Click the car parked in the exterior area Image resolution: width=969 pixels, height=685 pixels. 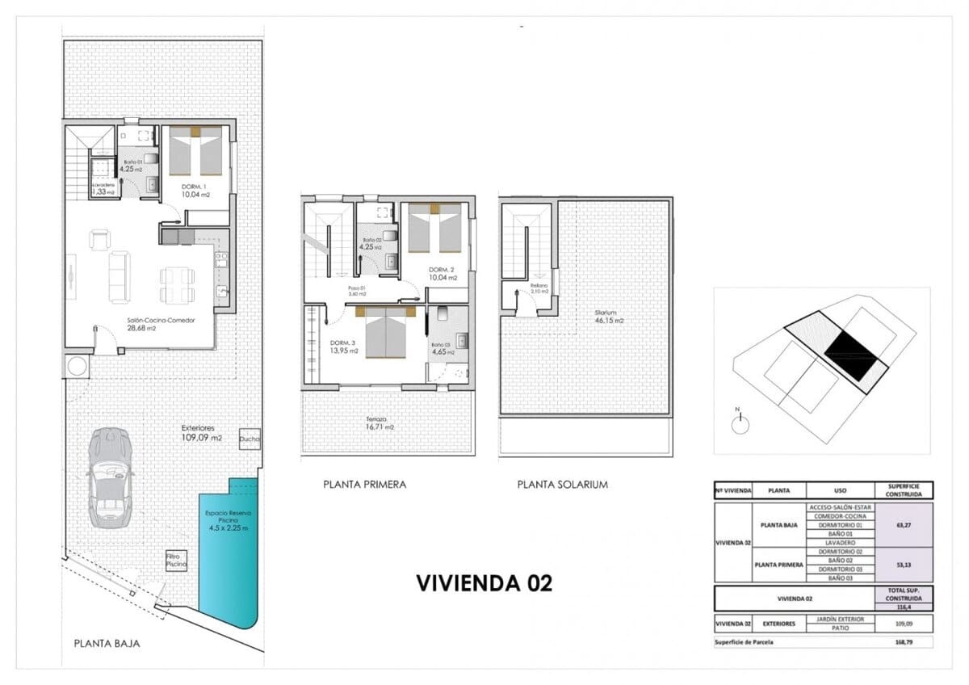(109, 477)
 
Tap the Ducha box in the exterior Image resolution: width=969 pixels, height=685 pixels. (250, 439)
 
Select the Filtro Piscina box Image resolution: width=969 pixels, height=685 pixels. (177, 560)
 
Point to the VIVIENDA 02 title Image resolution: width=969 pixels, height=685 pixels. (484, 583)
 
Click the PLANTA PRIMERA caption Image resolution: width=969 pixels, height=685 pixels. (364, 485)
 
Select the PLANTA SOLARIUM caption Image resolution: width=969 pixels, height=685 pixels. (562, 485)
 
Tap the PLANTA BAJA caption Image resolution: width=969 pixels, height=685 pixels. (107, 644)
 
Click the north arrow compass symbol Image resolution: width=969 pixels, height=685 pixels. (738, 424)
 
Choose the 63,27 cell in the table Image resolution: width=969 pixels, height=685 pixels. (904, 524)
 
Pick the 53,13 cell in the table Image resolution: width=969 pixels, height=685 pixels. (904, 565)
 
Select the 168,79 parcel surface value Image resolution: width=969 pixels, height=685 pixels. (904, 643)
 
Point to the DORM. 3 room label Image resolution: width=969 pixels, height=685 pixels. (343, 347)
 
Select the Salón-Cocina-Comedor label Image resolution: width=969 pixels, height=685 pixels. (154, 324)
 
